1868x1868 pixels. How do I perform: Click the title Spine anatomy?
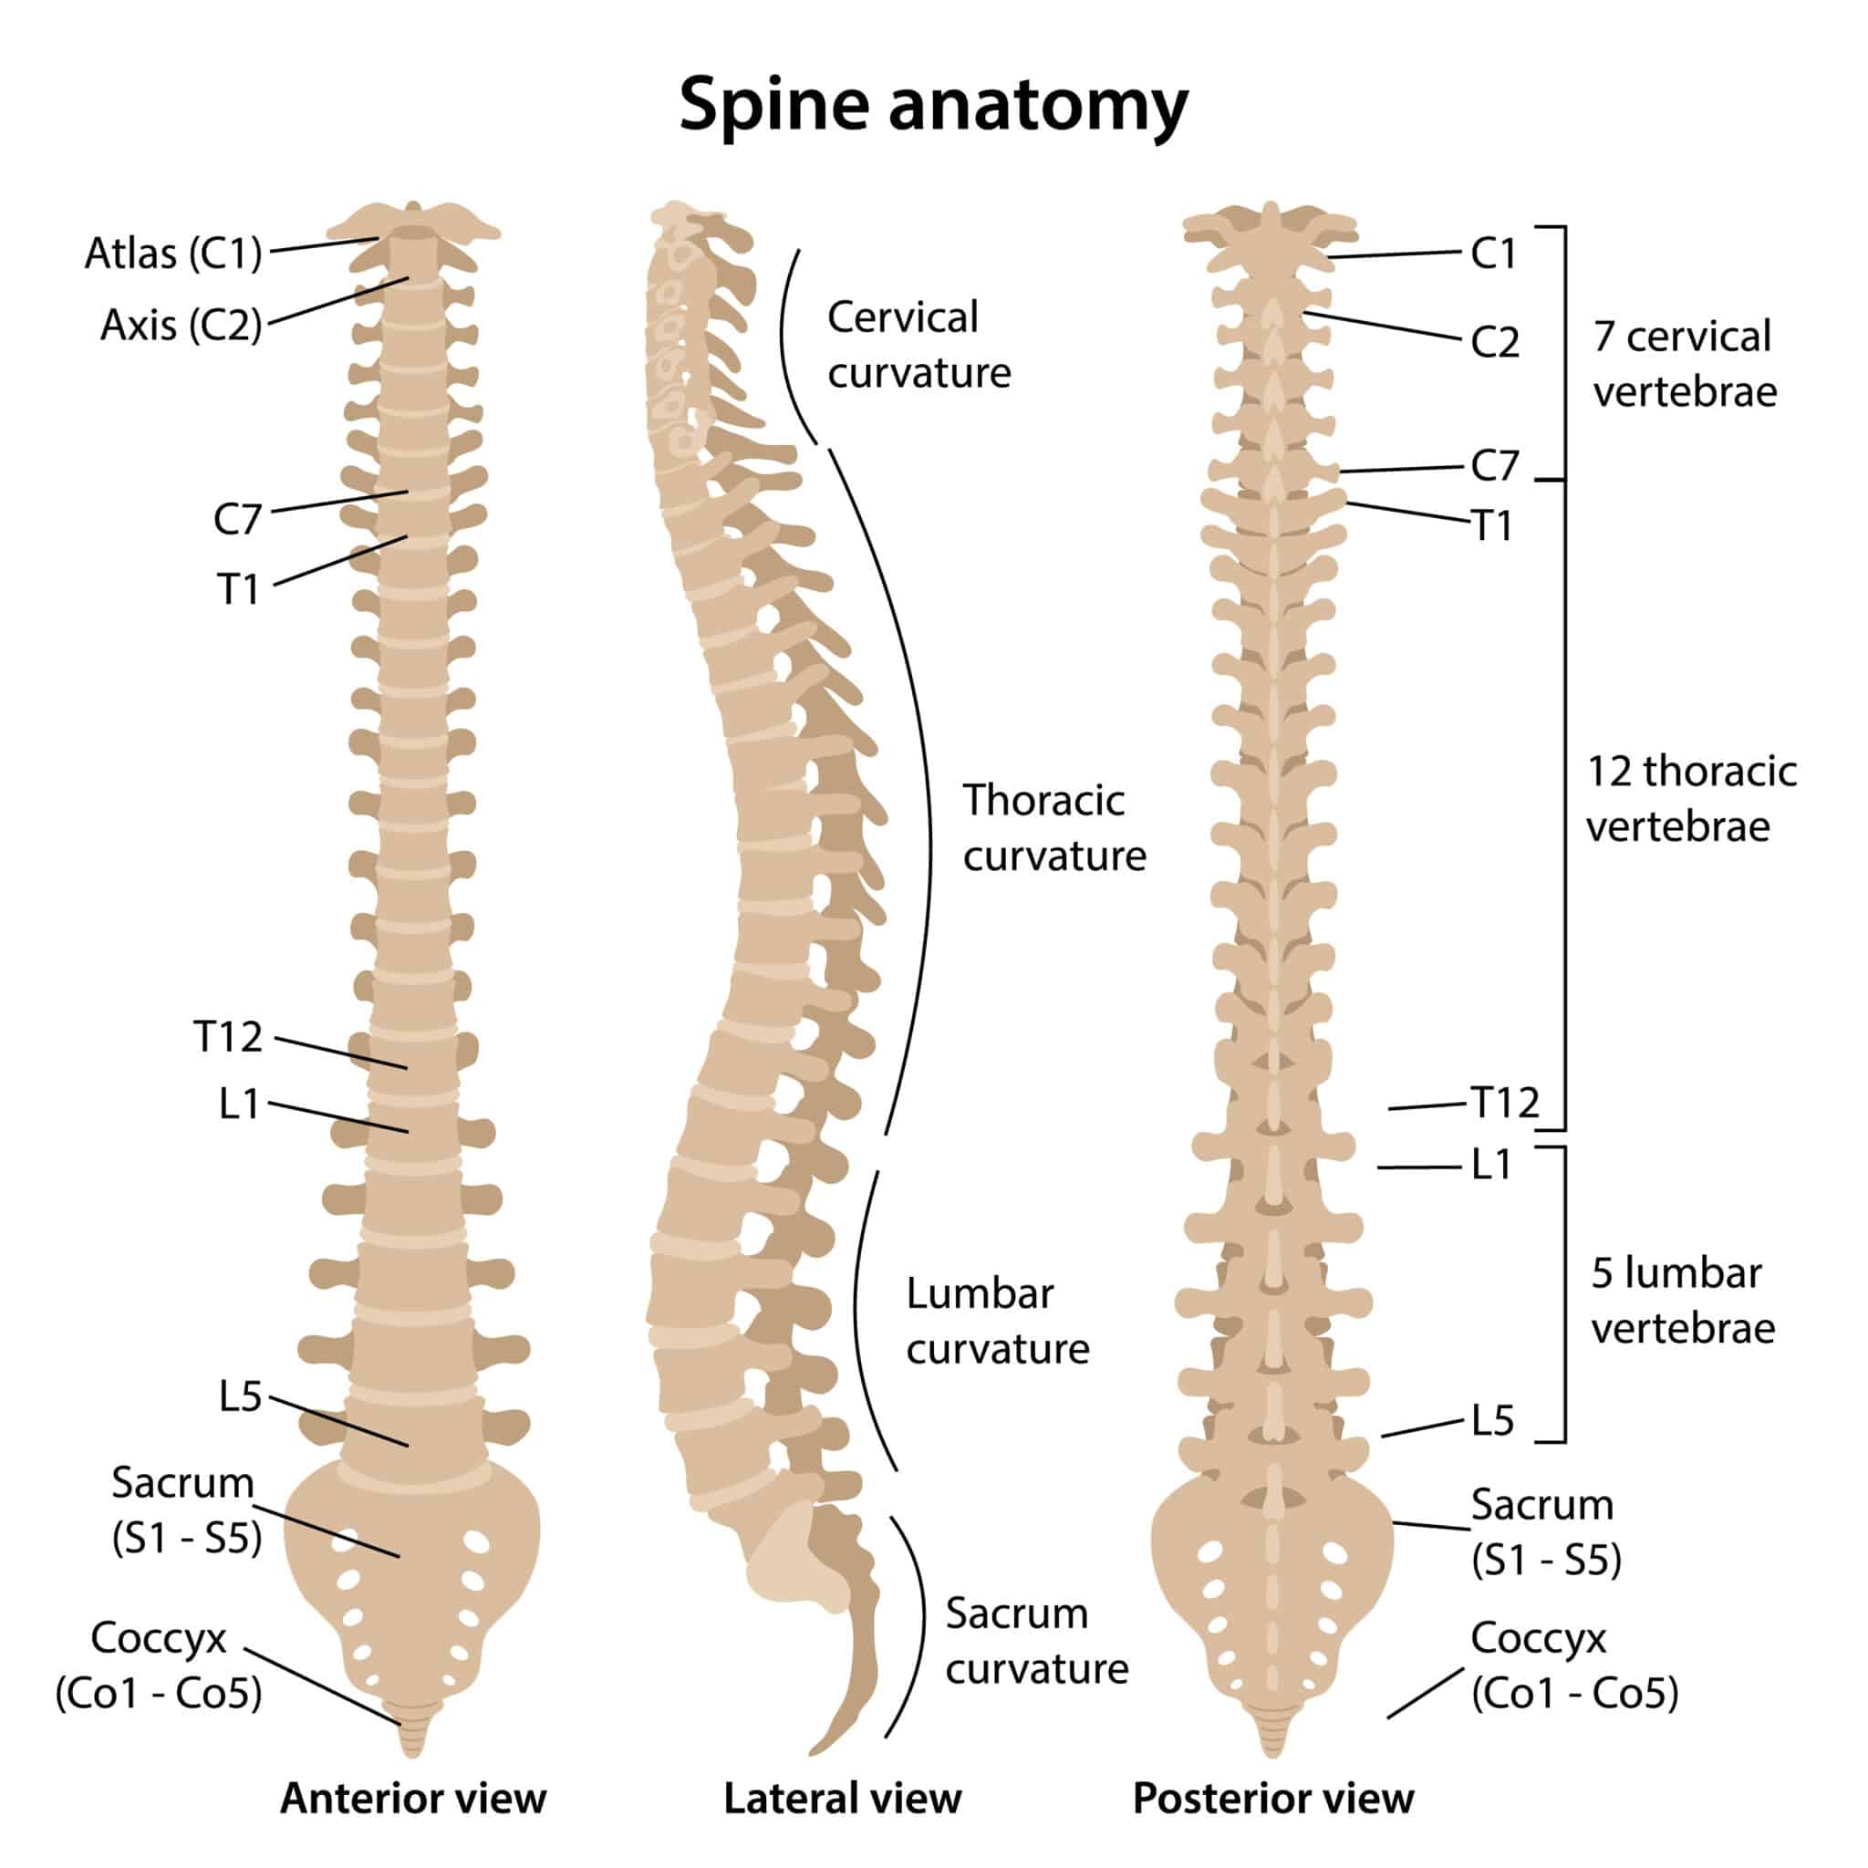point(933,104)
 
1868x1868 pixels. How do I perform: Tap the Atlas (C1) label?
point(173,254)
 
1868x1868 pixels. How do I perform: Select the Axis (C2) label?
point(181,325)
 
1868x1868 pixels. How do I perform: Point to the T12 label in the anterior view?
point(228,1036)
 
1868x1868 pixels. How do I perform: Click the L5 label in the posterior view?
point(1492,1420)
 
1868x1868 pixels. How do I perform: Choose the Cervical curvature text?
point(918,344)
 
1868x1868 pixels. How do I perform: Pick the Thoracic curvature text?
point(1053,827)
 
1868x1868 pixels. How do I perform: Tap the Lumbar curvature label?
point(997,1321)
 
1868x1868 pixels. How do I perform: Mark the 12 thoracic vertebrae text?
point(1691,799)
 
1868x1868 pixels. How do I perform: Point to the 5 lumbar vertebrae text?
point(1682,1301)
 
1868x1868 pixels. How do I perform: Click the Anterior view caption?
point(413,1799)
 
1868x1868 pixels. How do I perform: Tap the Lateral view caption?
point(842,1799)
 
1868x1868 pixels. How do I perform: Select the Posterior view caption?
point(1272,1799)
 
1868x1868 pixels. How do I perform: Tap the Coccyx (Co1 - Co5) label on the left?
point(159,1665)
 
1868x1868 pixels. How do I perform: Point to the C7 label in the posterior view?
point(1494,466)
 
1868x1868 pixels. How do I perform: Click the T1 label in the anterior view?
point(238,589)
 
